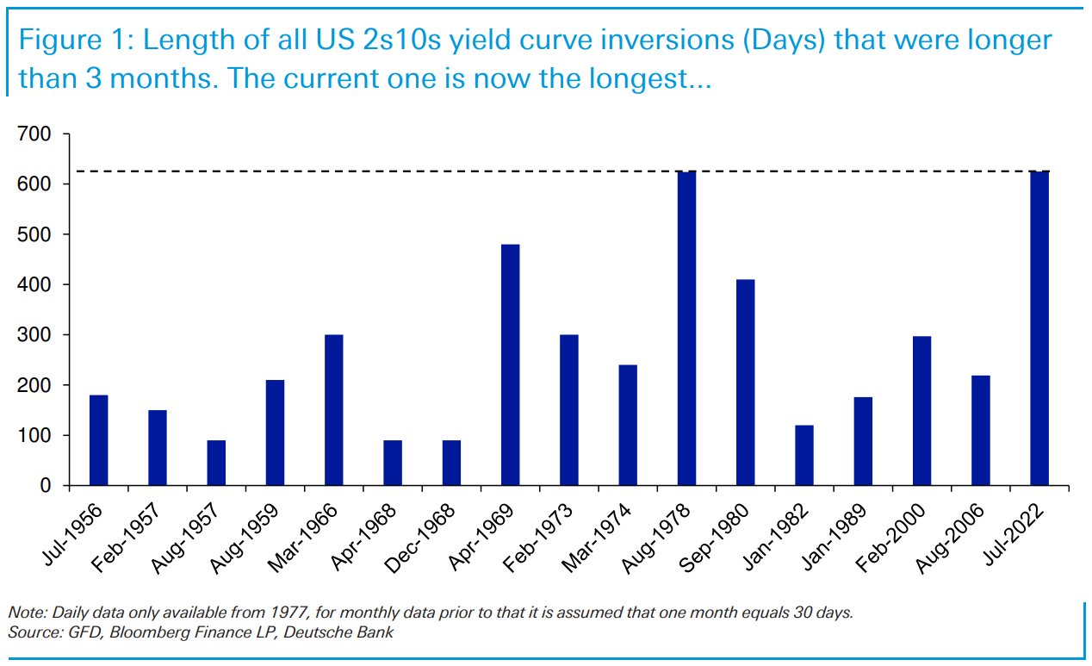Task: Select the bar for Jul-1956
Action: tap(98, 440)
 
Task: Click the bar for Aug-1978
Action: tap(686, 328)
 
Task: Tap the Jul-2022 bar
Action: tap(1039, 328)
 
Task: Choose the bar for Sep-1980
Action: tap(745, 383)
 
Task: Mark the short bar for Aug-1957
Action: tap(216, 463)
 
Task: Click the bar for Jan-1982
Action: tap(804, 455)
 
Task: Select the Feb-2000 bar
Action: tap(921, 411)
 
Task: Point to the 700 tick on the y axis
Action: tap(34, 134)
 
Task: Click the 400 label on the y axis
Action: tap(34, 285)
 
